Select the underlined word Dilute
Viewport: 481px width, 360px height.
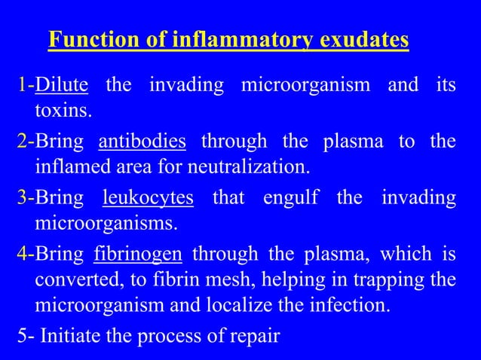(x=62, y=85)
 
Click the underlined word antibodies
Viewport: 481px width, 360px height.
(x=142, y=141)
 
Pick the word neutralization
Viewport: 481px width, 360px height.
(x=253, y=165)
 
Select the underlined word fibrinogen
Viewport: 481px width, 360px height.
(x=138, y=254)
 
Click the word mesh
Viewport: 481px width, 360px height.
(x=231, y=279)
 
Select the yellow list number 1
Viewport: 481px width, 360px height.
(x=23, y=85)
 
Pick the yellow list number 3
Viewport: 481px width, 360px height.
(x=23, y=198)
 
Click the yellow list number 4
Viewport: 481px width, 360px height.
(x=23, y=254)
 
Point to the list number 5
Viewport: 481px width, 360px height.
(x=23, y=334)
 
